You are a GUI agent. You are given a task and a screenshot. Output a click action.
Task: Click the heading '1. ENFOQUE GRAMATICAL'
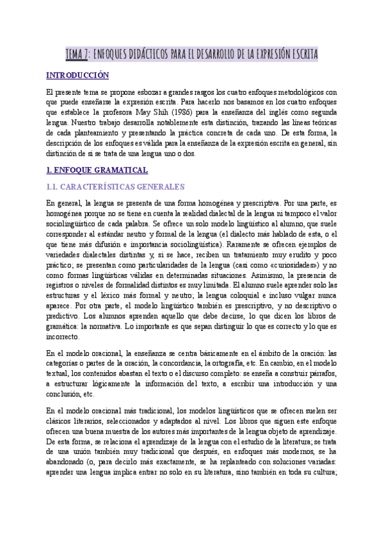(97, 170)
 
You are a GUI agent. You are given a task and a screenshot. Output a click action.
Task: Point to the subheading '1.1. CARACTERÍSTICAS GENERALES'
(116, 187)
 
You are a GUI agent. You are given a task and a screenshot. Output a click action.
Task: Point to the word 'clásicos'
(61, 421)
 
